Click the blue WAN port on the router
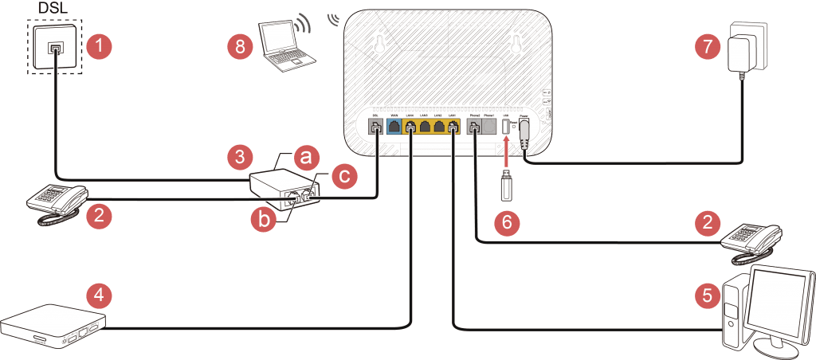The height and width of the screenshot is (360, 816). click(x=394, y=127)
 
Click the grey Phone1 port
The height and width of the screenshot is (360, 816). click(x=489, y=127)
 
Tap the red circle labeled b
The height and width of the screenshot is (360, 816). click(x=265, y=220)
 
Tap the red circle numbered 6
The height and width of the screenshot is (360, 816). click(x=506, y=222)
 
